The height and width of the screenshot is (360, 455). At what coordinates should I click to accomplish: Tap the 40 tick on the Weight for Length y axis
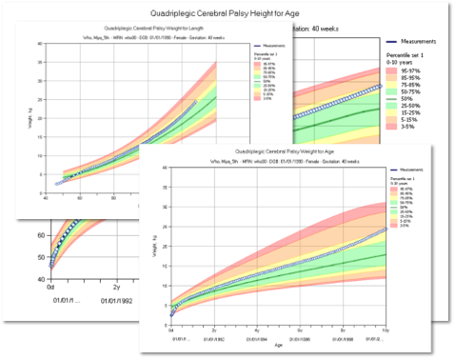tap(37, 43)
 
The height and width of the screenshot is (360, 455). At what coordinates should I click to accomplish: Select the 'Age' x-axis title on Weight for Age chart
tap(280, 346)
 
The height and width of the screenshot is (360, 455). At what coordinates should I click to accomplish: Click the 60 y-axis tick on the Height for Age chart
tap(40, 234)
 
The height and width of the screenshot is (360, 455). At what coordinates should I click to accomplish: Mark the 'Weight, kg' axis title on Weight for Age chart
tap(156, 248)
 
